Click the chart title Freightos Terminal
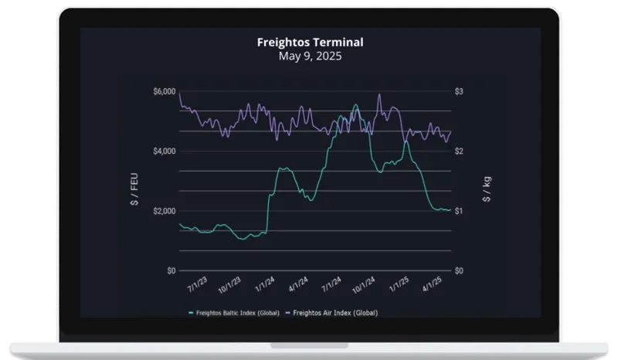309,42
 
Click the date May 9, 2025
309,56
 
